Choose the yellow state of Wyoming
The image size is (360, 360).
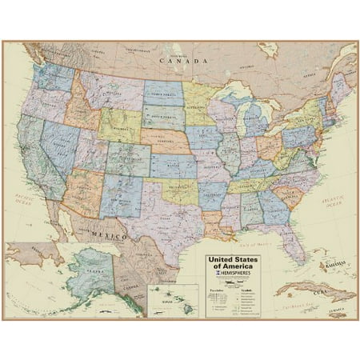tap(120, 125)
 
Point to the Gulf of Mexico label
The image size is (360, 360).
tap(240, 245)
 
